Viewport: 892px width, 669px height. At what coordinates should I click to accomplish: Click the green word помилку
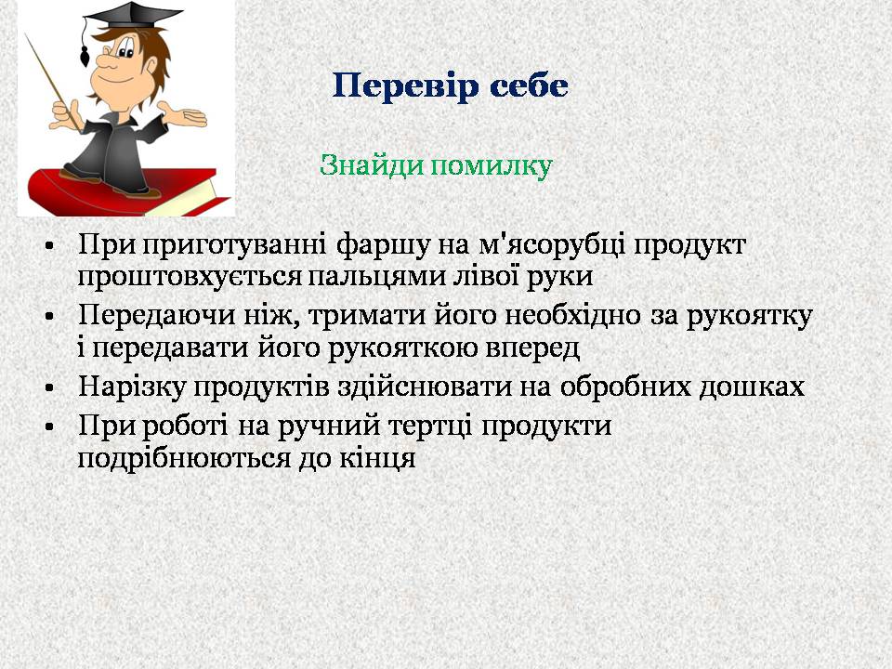[x=491, y=166]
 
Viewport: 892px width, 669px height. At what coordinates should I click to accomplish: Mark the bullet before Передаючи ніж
[x=50, y=316]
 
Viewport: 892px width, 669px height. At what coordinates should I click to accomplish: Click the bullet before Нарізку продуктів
[x=50, y=388]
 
